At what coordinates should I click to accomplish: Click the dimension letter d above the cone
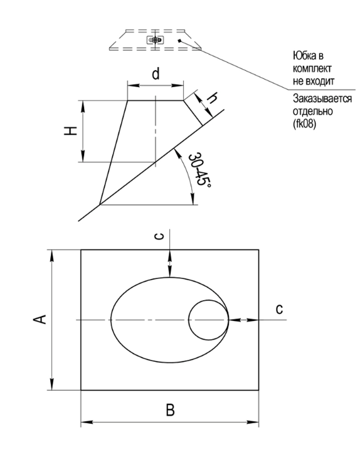pos(156,74)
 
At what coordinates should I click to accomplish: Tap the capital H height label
pos(71,131)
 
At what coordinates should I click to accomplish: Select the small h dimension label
pos(212,98)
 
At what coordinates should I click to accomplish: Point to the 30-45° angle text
pos(199,169)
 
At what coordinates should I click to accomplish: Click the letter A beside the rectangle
pos(40,319)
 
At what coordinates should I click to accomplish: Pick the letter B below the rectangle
pos(170,410)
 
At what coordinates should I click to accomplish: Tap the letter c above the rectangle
pos(159,236)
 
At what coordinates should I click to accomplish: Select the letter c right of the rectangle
pos(279,308)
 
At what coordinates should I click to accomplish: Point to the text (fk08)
pos(304,124)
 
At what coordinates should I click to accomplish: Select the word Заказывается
pos(322,98)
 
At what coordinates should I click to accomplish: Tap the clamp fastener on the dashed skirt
pos(156,39)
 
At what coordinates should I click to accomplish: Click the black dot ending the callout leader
pos(180,41)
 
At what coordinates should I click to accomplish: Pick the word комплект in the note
pos(312,68)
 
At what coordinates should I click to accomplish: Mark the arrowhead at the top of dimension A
pos(52,255)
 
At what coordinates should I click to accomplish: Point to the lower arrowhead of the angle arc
pos(193,199)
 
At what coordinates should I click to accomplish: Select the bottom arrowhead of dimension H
pos(83,156)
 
